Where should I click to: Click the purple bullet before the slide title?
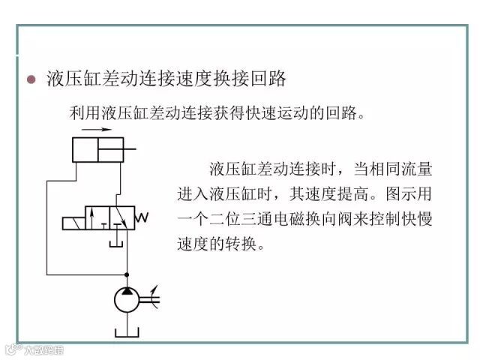click(x=31, y=79)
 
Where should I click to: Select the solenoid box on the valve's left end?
click(x=72, y=222)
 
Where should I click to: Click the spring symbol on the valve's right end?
click(x=139, y=217)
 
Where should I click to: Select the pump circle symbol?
click(x=127, y=300)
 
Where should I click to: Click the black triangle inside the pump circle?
click(x=127, y=292)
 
